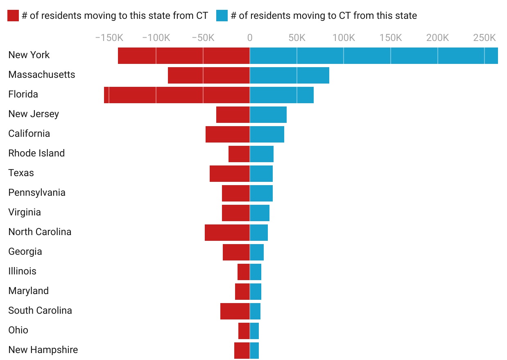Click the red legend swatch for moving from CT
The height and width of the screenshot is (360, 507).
click(x=13, y=16)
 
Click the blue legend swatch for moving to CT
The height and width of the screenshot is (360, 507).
click(x=222, y=16)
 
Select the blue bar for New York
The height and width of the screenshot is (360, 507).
click(x=373, y=56)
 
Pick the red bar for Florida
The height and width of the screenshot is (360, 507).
click(x=177, y=95)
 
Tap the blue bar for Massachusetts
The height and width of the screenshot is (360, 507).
click(x=289, y=75)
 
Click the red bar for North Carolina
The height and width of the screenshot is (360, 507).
click(x=227, y=233)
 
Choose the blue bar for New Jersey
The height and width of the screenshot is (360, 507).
click(x=268, y=115)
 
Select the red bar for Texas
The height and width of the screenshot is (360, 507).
click(x=229, y=174)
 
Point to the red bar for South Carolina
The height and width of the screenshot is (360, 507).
click(x=235, y=311)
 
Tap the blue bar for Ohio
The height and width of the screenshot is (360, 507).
click(x=254, y=331)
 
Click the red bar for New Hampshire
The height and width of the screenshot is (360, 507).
click(x=242, y=351)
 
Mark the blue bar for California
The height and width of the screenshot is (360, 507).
click(x=267, y=134)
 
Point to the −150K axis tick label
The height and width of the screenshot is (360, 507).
click(x=109, y=38)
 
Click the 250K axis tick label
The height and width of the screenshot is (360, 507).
click(x=484, y=38)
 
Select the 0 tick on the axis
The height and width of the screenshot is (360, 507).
click(x=250, y=38)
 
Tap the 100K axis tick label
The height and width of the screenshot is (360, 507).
click(x=344, y=38)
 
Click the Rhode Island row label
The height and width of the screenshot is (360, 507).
click(x=36, y=153)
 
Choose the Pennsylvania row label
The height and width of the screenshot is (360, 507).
click(x=37, y=192)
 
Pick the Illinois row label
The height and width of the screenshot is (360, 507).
click(x=22, y=271)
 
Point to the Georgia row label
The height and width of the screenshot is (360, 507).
click(x=25, y=251)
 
